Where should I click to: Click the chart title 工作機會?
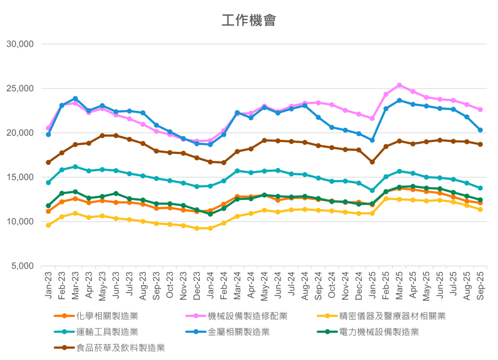click(249, 20)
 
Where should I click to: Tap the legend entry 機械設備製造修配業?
click(248, 316)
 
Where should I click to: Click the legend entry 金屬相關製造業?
click(239, 332)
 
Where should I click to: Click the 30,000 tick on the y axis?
click(19, 44)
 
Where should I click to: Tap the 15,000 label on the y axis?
click(19, 178)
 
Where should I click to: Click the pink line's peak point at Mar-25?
click(400, 85)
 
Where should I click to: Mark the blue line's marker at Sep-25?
click(480, 130)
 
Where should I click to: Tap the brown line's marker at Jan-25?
click(373, 162)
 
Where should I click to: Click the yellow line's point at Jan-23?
click(49, 225)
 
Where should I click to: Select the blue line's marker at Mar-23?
click(75, 99)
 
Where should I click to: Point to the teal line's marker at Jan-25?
click(373, 191)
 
